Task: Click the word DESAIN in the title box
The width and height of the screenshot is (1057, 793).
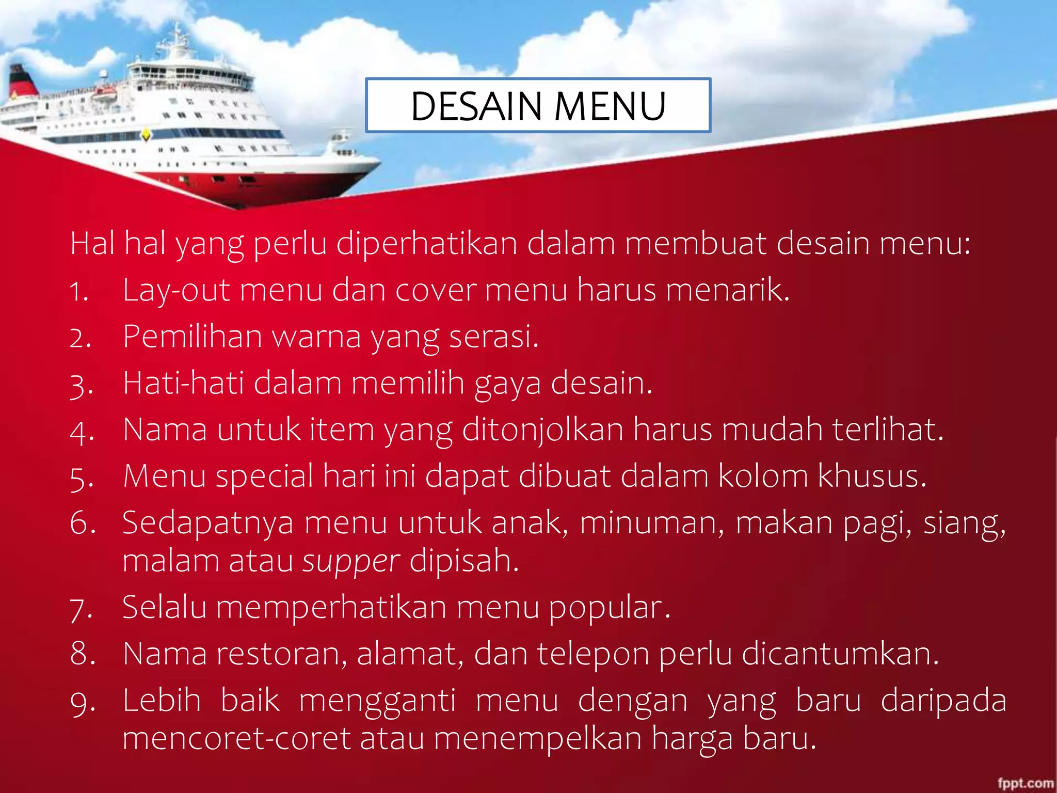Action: [x=476, y=107]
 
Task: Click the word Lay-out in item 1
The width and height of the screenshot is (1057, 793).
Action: [x=176, y=290]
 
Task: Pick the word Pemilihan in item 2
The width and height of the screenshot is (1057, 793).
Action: [x=193, y=337]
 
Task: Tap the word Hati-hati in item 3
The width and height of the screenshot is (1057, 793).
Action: [x=183, y=383]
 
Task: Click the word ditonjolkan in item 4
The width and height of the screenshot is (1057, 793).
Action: [x=542, y=430]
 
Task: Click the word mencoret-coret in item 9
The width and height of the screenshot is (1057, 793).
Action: [x=236, y=738]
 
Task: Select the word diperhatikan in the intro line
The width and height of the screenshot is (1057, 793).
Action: [x=427, y=244]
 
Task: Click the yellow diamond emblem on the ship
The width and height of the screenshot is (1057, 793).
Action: [x=147, y=135]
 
